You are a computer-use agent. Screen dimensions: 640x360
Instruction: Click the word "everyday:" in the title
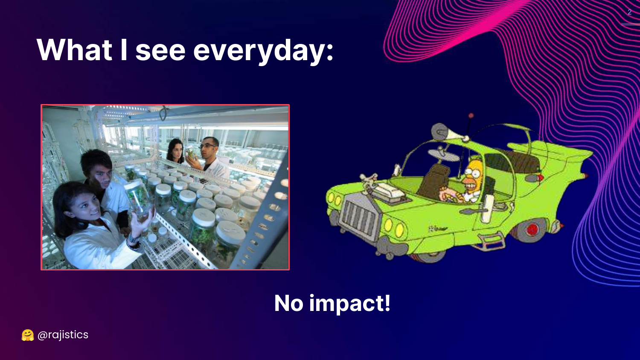pyautogui.click(x=263, y=51)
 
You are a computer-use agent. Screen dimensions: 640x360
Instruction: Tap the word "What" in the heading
pyautogui.click(x=74, y=49)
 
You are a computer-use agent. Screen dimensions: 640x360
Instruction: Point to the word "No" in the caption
pyautogui.click(x=288, y=303)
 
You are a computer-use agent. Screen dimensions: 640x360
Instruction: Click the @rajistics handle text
pyautogui.click(x=63, y=335)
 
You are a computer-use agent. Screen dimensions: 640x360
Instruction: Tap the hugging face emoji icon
pyautogui.click(x=28, y=335)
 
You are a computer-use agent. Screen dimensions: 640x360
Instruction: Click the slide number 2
pyautogui.click(x=629, y=12)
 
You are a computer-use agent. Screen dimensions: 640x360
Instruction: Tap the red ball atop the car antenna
pyautogui.click(x=471, y=116)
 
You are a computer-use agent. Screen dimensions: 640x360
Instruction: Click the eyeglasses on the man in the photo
pyautogui.click(x=207, y=146)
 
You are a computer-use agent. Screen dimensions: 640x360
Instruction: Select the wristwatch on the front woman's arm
pyautogui.click(x=133, y=239)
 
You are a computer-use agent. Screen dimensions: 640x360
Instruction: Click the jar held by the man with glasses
pyautogui.click(x=189, y=153)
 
